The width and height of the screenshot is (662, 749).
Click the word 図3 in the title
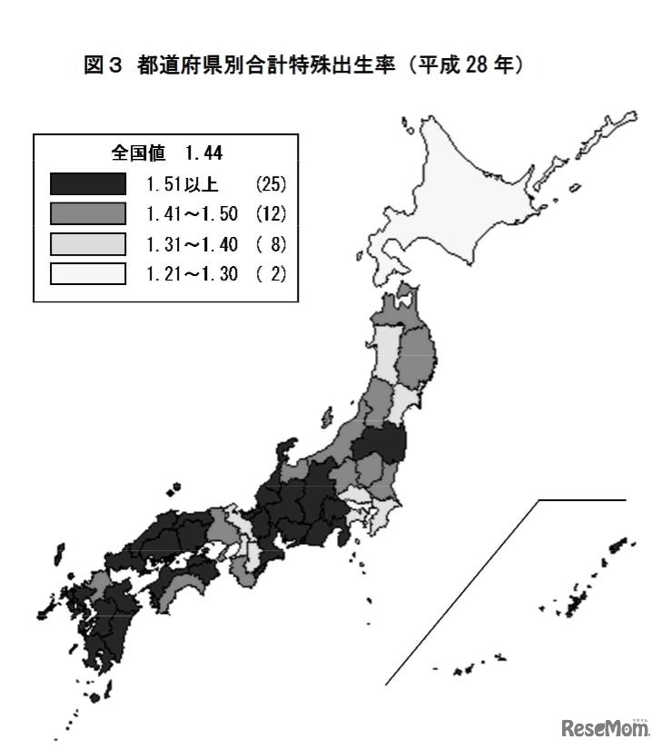[103, 65]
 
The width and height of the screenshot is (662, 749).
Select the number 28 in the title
[478, 65]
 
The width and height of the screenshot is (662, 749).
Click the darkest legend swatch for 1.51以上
[88, 184]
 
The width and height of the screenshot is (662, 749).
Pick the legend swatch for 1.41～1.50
[88, 214]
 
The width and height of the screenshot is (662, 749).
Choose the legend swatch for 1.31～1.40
[88, 243]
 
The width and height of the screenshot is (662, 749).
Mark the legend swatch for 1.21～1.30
[88, 272]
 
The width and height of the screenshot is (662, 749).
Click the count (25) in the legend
[270, 185]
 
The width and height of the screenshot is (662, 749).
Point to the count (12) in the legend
[270, 214]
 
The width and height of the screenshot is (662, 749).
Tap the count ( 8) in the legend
[270, 243]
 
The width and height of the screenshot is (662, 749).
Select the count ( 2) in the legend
[270, 272]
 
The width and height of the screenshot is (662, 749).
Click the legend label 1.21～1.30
[192, 272]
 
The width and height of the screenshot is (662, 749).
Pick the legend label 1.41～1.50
[192, 214]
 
